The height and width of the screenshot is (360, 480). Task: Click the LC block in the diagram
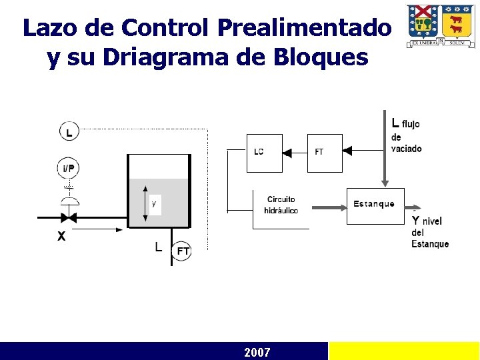click(x=264, y=153)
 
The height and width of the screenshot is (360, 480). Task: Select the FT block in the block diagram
click(x=324, y=153)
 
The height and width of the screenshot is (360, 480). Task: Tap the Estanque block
click(x=375, y=205)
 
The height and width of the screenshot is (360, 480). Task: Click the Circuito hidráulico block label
click(x=281, y=205)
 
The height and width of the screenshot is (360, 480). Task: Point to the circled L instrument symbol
click(x=69, y=131)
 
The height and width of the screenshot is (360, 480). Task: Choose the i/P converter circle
click(x=69, y=169)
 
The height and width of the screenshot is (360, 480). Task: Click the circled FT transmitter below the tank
click(x=182, y=251)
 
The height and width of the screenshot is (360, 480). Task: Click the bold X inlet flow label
click(x=61, y=236)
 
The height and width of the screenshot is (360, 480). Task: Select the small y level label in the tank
click(x=154, y=203)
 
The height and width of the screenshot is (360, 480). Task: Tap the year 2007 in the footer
click(x=257, y=352)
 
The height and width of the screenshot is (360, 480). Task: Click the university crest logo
click(x=440, y=25)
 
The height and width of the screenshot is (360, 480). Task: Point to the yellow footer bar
click(x=404, y=351)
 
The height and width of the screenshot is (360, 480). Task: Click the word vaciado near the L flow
click(x=407, y=149)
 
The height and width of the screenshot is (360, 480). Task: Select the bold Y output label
click(x=415, y=221)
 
